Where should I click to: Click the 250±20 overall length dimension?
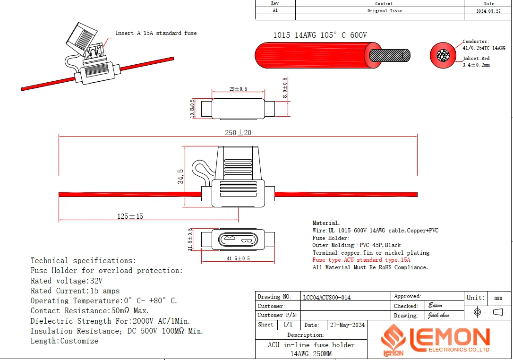coord(238,133)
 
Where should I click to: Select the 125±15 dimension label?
coord(130,216)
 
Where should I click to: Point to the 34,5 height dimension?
coord(180,176)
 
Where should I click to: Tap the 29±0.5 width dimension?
coord(238,89)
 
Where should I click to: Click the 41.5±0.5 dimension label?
coord(238,258)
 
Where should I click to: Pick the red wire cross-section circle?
coord(443,55)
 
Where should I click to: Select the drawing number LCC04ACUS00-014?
coord(327,298)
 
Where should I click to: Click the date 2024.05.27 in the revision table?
coord(488,11)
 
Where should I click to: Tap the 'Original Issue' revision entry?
coord(385,11)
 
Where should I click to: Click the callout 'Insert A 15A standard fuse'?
coord(156,33)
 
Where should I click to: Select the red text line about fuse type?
coord(361,260)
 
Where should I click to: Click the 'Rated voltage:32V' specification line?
coord(67,281)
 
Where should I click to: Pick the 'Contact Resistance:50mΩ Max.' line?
coord(90,311)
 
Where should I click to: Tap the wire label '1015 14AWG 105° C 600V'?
coord(320,35)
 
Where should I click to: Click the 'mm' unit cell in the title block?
coord(498,298)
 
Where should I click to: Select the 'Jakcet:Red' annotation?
coord(476,59)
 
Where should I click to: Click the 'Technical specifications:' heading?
coord(83,261)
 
